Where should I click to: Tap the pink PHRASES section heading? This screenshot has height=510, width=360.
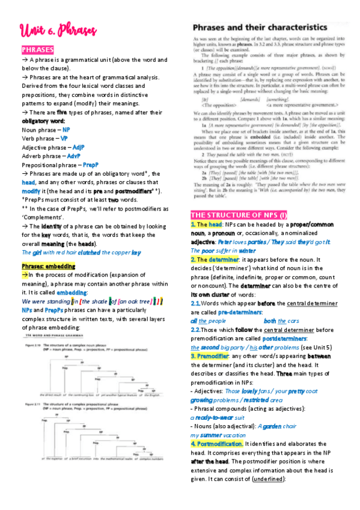38,49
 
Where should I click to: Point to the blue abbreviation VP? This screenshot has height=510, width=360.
64,138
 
